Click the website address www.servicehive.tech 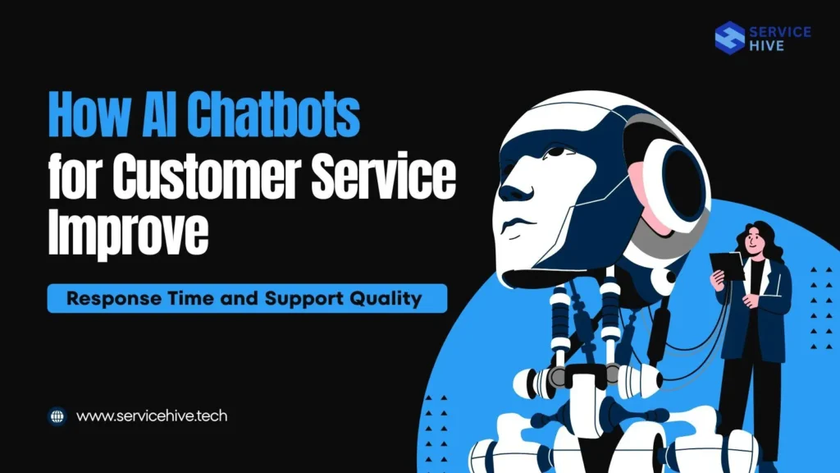(x=152, y=416)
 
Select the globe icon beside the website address (x=57, y=416)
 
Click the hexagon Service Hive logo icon (x=729, y=37)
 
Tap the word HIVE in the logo (x=766, y=46)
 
